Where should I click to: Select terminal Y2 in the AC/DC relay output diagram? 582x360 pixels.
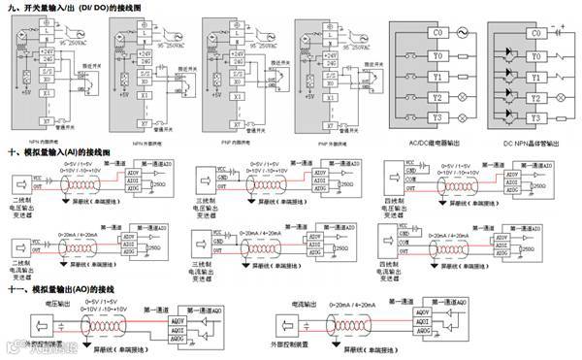[x=413, y=98]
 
